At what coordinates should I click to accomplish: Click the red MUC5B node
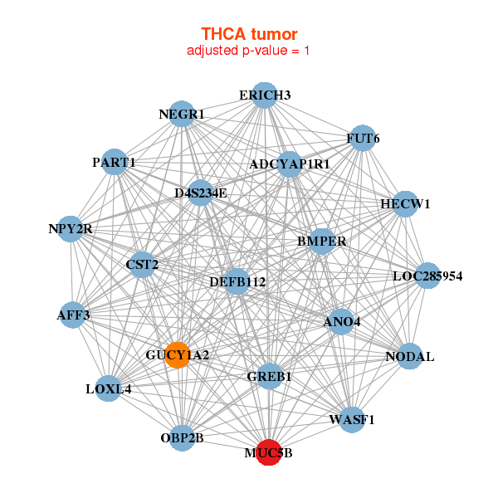tap(268, 452)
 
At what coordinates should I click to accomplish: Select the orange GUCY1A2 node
tap(177, 354)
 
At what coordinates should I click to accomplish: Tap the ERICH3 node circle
tap(264, 95)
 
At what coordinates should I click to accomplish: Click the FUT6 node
tap(362, 138)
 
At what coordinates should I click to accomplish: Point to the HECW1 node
tap(403, 204)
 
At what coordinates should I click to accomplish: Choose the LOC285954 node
tap(427, 275)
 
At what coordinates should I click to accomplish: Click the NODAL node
tap(409, 356)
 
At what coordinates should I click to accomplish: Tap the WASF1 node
tap(351, 419)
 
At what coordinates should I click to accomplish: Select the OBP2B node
tap(182, 437)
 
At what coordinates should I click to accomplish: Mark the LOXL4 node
tap(108, 388)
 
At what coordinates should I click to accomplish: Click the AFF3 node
tap(73, 315)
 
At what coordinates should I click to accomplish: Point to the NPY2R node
tap(71, 228)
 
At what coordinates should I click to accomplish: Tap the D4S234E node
tap(200, 193)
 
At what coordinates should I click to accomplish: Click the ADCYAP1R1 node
tap(289, 164)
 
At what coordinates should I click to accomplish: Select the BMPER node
tap(321, 242)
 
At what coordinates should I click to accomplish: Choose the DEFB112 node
tap(237, 282)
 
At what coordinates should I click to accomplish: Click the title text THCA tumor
tap(249, 34)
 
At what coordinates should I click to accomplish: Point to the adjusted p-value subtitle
tap(249, 51)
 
